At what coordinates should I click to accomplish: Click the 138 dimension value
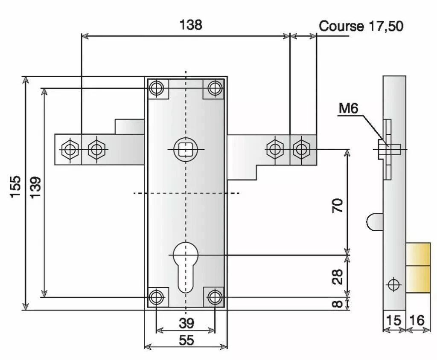click(190, 25)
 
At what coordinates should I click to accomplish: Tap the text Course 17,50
click(361, 26)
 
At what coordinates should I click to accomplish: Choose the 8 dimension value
click(337, 304)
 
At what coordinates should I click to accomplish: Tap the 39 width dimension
click(186, 323)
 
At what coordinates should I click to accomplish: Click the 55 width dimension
click(186, 340)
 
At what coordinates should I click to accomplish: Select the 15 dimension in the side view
click(393, 320)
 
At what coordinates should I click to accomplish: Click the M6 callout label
click(348, 109)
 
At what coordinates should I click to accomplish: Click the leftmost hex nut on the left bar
click(69, 150)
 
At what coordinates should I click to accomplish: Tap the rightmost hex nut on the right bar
click(302, 149)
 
